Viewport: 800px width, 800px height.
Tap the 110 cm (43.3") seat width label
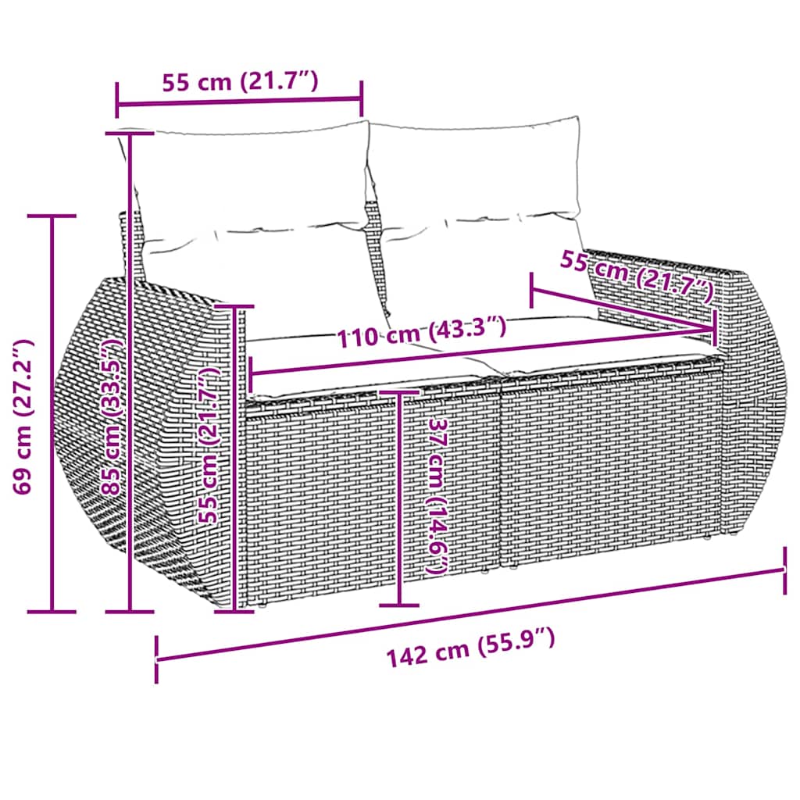(x=422, y=331)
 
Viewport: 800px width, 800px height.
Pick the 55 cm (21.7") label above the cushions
(x=239, y=81)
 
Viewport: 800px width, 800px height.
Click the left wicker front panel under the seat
(x=367, y=500)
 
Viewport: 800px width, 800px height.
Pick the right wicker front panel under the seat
(x=609, y=477)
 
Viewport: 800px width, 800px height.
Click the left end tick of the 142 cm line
(x=157, y=660)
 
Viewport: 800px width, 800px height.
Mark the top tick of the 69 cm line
(x=52, y=216)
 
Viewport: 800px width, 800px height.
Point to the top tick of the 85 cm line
(x=129, y=134)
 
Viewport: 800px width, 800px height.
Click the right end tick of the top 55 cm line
(x=362, y=98)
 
